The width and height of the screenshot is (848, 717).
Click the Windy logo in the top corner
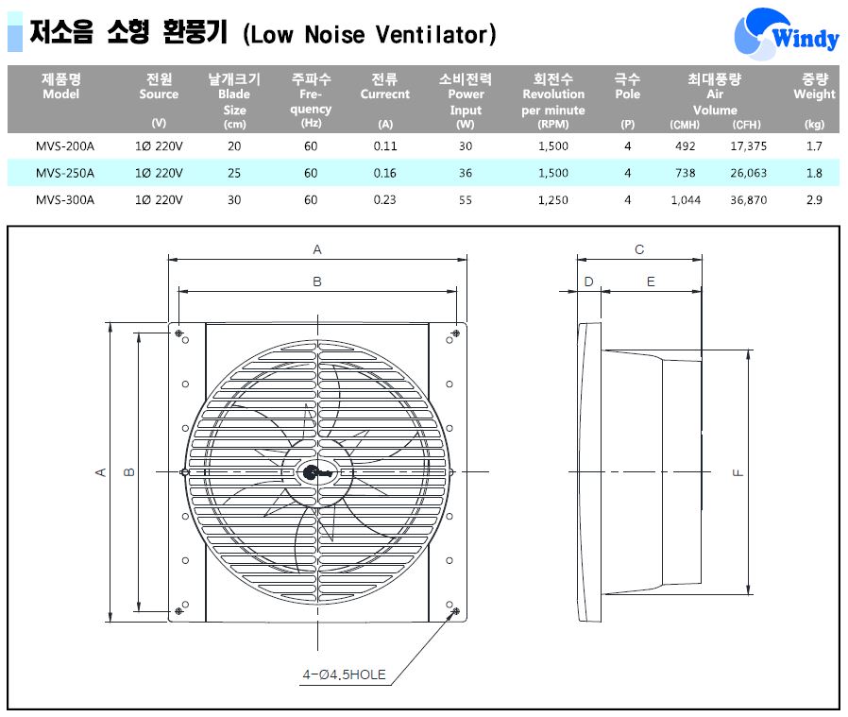click(786, 33)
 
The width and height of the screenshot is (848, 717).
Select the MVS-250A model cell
click(65, 173)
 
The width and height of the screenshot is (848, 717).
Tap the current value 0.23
click(384, 199)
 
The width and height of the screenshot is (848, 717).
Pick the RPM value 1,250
click(552, 199)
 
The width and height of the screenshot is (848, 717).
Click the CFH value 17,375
click(749, 146)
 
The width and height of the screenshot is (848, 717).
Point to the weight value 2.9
click(814, 199)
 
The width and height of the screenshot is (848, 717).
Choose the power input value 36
click(466, 173)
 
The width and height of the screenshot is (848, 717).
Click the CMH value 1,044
click(686, 199)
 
